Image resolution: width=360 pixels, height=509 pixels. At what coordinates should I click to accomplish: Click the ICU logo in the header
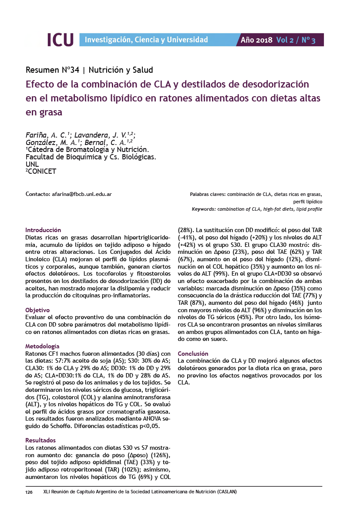pos(60,40)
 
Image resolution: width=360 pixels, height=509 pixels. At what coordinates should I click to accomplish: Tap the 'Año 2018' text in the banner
pos(256,40)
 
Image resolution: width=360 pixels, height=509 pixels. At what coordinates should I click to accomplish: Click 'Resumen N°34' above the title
pos(51,70)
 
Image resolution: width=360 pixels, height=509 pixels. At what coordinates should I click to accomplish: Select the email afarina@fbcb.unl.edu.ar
pos(81,194)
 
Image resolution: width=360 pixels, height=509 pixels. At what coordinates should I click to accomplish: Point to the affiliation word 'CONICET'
pos(42,171)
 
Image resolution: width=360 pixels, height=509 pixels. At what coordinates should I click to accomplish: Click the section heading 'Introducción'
pos(43,229)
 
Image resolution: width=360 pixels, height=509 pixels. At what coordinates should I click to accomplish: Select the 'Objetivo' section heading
pos(38,310)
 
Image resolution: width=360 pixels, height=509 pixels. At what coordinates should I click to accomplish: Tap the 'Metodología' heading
pos(42,346)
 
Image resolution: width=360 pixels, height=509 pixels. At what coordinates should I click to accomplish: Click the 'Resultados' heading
pos(40,440)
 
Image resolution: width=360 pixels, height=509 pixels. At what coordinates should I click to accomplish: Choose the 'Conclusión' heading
pos(193,354)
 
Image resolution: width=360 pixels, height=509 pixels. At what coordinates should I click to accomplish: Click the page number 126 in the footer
pos(29,492)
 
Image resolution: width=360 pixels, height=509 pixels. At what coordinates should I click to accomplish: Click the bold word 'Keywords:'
pos(203,209)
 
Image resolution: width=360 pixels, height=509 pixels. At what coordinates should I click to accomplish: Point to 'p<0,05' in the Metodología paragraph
pos(149,426)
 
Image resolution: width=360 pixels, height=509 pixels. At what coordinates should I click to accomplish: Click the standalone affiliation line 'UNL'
pos(32,164)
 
